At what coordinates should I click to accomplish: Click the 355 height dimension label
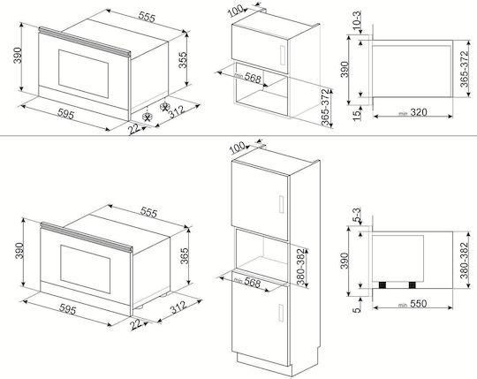click(x=182, y=59)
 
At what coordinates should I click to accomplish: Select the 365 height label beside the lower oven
click(x=185, y=256)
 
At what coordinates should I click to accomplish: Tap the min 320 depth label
click(x=413, y=112)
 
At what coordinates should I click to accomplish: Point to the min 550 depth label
click(x=413, y=304)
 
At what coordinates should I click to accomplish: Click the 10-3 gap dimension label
click(x=358, y=20)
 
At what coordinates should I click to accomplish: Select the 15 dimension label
click(x=357, y=115)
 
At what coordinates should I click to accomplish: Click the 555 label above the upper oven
click(x=147, y=17)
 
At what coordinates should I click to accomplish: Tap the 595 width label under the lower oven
click(x=67, y=309)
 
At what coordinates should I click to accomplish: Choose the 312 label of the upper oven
click(x=177, y=111)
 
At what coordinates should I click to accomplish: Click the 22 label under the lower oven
click(x=136, y=324)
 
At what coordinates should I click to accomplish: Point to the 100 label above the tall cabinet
click(x=237, y=148)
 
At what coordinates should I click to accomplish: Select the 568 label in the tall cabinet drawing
click(x=252, y=283)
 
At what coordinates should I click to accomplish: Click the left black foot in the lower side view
click(x=382, y=285)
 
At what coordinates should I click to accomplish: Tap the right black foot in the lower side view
click(x=413, y=285)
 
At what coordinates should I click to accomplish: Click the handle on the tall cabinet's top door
click(x=282, y=204)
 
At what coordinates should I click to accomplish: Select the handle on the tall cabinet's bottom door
click(x=282, y=312)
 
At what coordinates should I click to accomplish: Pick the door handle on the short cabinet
click(x=282, y=55)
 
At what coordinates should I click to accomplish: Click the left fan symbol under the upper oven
click(x=148, y=117)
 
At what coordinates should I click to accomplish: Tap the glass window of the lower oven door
click(x=85, y=269)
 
